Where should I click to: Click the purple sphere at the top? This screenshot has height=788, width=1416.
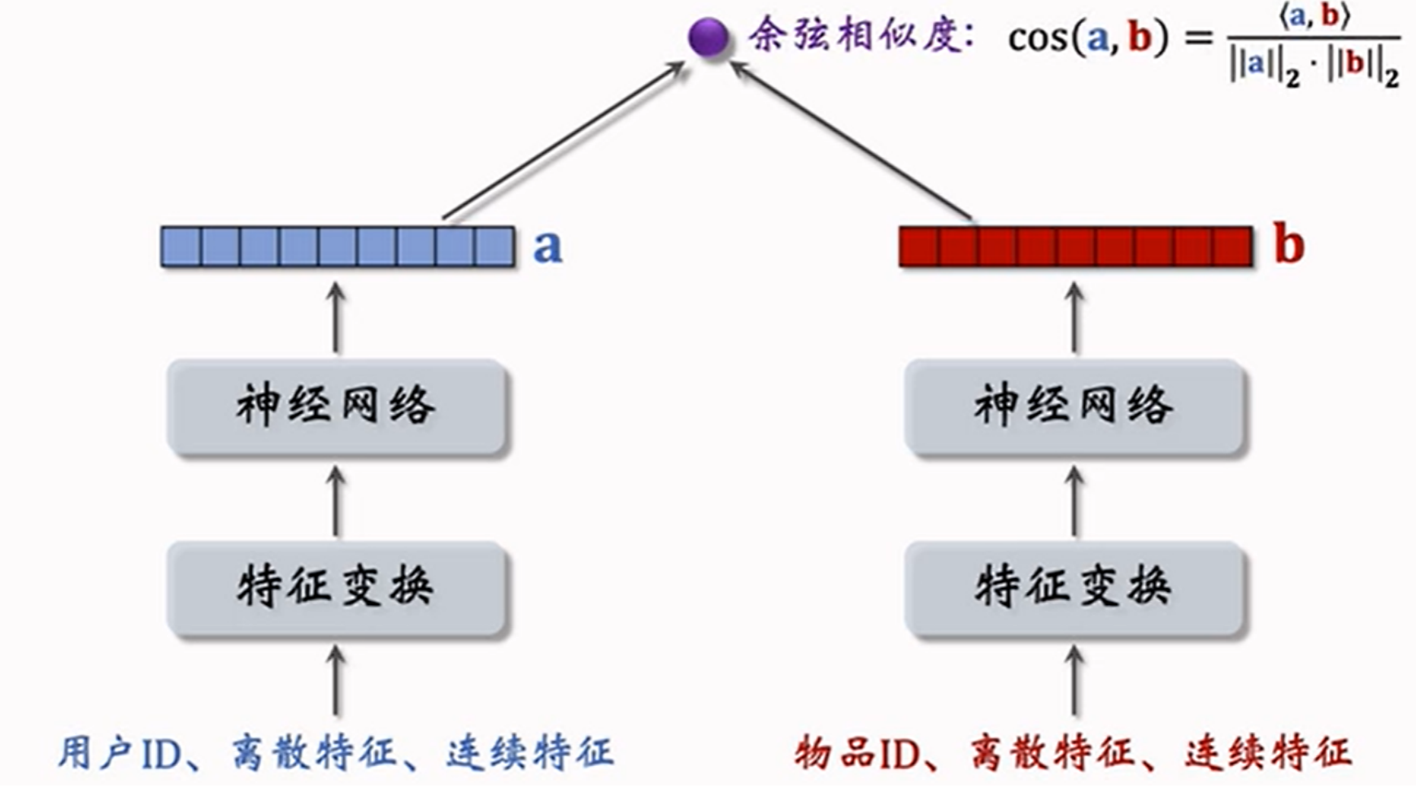[708, 37]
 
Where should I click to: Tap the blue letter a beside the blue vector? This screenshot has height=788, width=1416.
[547, 246]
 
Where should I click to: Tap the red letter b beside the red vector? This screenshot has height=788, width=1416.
[1289, 244]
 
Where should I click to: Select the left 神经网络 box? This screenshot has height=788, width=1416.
[338, 407]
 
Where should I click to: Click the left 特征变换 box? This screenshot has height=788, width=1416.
[338, 587]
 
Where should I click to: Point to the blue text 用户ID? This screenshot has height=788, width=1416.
[120, 753]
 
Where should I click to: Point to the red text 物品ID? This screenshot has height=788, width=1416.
[857, 753]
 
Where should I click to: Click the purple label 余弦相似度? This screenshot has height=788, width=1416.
[860, 37]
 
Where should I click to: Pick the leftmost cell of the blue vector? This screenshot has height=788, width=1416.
[181, 246]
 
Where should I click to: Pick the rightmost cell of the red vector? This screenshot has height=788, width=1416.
[1232, 246]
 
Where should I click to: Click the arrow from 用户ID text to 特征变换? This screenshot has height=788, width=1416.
[336, 681]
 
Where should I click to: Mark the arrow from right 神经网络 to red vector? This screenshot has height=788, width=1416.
[1075, 319]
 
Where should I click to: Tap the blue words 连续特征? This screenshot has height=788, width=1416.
[529, 753]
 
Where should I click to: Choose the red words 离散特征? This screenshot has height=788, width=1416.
[1052, 753]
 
